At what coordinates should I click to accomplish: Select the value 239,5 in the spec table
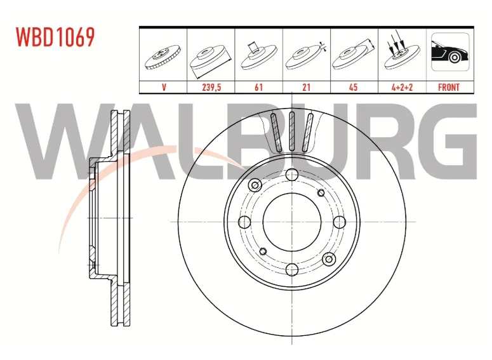point(211,88)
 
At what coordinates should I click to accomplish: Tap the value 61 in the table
point(258,88)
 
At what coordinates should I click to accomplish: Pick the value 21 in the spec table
point(306,88)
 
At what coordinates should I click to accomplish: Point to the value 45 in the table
point(354,88)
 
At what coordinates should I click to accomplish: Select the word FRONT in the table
point(449,88)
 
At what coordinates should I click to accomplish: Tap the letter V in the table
point(164,88)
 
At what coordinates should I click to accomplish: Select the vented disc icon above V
point(163,57)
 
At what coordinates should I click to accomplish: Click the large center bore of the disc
point(291,221)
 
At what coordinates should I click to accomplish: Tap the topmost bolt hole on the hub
point(291,175)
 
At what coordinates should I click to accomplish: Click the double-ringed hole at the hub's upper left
point(255,185)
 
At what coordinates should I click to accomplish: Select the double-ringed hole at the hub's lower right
point(328,258)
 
